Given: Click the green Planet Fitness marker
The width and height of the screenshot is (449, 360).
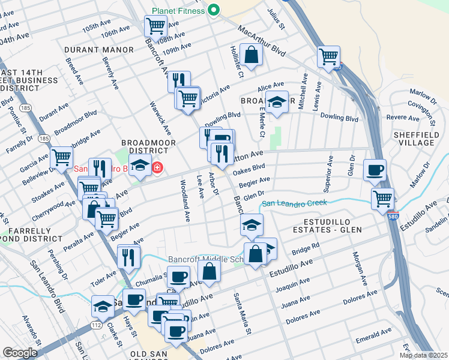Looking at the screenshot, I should [213, 10].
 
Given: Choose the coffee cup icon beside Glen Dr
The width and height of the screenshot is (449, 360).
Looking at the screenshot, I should [375, 170].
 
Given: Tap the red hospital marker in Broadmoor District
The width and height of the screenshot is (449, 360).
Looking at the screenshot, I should [157, 167].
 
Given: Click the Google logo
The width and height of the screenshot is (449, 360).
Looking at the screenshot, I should [20, 353].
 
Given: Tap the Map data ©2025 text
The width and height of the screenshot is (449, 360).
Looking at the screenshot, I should [423, 355].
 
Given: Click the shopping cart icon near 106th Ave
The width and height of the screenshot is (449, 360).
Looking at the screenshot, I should [155, 26].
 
